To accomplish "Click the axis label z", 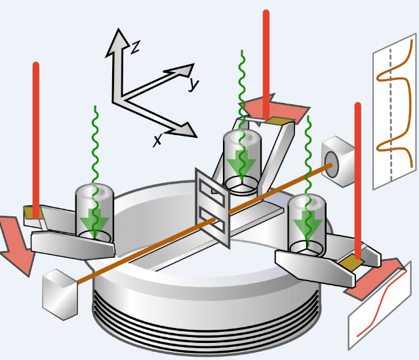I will tap(134, 47).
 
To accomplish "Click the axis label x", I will tap(158, 139).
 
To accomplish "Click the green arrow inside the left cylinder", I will tap(94, 220).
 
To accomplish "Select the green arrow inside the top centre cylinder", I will tap(242, 164).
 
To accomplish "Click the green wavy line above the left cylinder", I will tap(96, 144).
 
